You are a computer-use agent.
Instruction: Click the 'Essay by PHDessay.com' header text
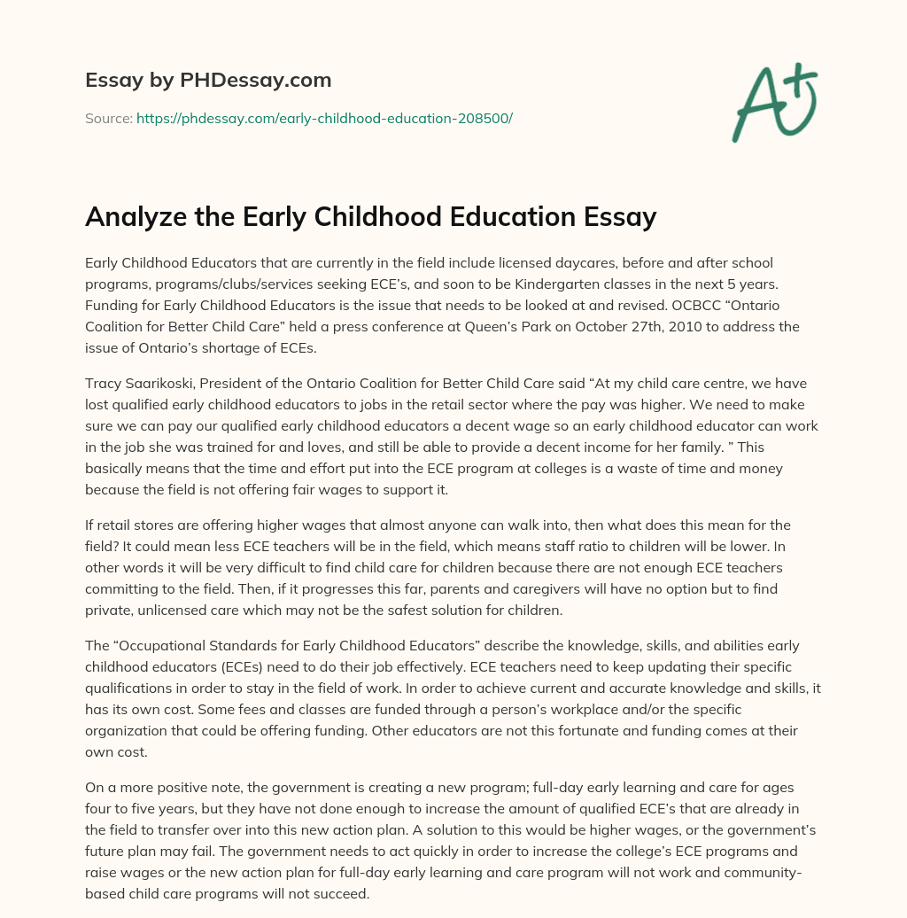click(x=208, y=81)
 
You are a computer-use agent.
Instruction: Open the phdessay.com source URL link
click(x=324, y=118)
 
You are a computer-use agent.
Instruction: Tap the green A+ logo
click(x=773, y=102)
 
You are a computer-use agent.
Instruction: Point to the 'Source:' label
click(x=108, y=118)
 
